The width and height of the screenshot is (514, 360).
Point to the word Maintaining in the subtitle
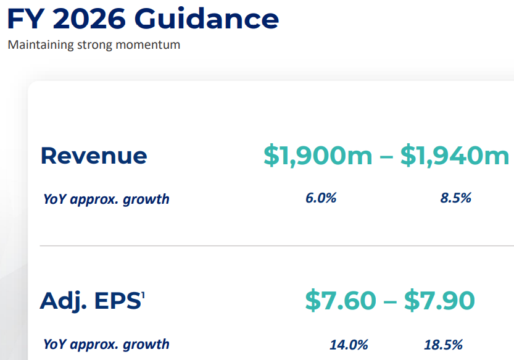pos(38,45)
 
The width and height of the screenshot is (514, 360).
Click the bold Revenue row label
pos(94,156)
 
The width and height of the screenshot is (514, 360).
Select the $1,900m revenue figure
pos(318,156)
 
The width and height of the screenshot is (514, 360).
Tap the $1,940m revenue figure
pos(455,156)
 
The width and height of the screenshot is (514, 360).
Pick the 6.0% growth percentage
pos(321,198)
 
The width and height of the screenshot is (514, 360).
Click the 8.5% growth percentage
pos(456,198)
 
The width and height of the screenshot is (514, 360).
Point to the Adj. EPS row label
pos(90,301)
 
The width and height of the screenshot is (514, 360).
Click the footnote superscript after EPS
pos(143,295)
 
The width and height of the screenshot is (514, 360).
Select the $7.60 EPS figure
pos(341,301)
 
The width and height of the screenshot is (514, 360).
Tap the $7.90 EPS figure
pos(439,301)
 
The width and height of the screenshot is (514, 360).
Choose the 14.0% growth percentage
pos(349,344)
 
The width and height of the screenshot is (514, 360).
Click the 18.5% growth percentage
pos(443,344)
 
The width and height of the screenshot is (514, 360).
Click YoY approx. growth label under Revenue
pos(106,199)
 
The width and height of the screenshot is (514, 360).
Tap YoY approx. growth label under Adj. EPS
pos(106,344)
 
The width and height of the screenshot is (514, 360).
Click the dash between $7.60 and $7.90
pos(390,302)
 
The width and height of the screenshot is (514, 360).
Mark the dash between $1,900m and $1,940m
pos(386,157)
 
